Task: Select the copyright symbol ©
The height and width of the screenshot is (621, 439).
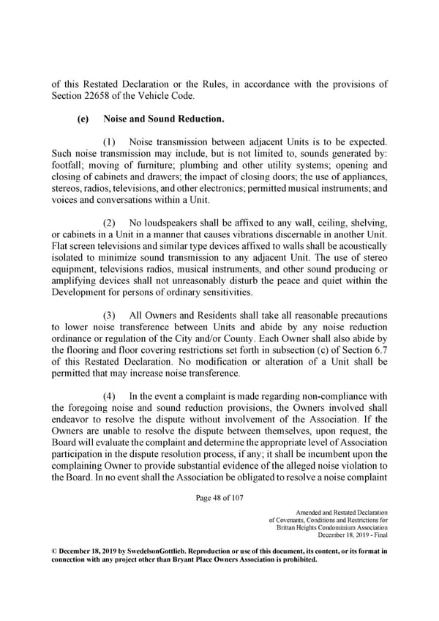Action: pyautogui.click(x=53, y=550)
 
